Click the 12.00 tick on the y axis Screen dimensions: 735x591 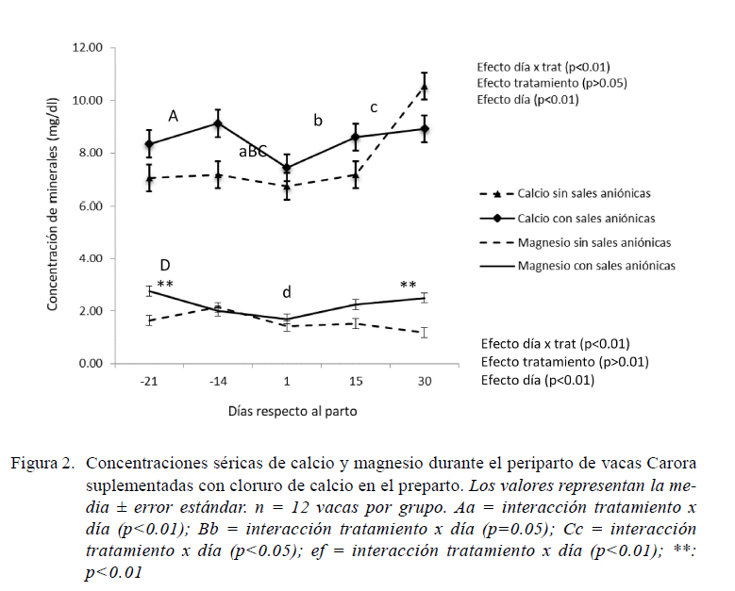point(87,48)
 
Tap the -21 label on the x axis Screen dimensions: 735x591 point(148,381)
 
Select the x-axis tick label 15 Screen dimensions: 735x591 point(356,381)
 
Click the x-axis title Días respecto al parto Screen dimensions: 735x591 point(292,411)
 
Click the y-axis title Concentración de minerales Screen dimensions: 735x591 point(52,205)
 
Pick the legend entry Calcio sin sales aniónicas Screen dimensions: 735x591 point(565,193)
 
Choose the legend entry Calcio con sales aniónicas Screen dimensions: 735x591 point(567,219)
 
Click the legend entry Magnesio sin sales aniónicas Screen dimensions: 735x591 point(576,242)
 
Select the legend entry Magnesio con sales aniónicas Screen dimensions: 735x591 point(577,266)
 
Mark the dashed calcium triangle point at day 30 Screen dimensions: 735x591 point(425,87)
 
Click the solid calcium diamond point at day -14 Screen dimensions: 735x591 point(218,123)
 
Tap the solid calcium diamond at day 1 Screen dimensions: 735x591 point(287,168)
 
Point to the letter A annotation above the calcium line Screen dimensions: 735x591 point(173,116)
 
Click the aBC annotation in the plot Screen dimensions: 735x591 point(253,151)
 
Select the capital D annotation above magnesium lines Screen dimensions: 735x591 point(165,265)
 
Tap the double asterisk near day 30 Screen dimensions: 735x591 point(409,285)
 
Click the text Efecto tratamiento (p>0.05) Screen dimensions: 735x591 point(552,83)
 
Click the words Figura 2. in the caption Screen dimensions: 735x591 point(42,463)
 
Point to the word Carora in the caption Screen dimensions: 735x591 point(671,463)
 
